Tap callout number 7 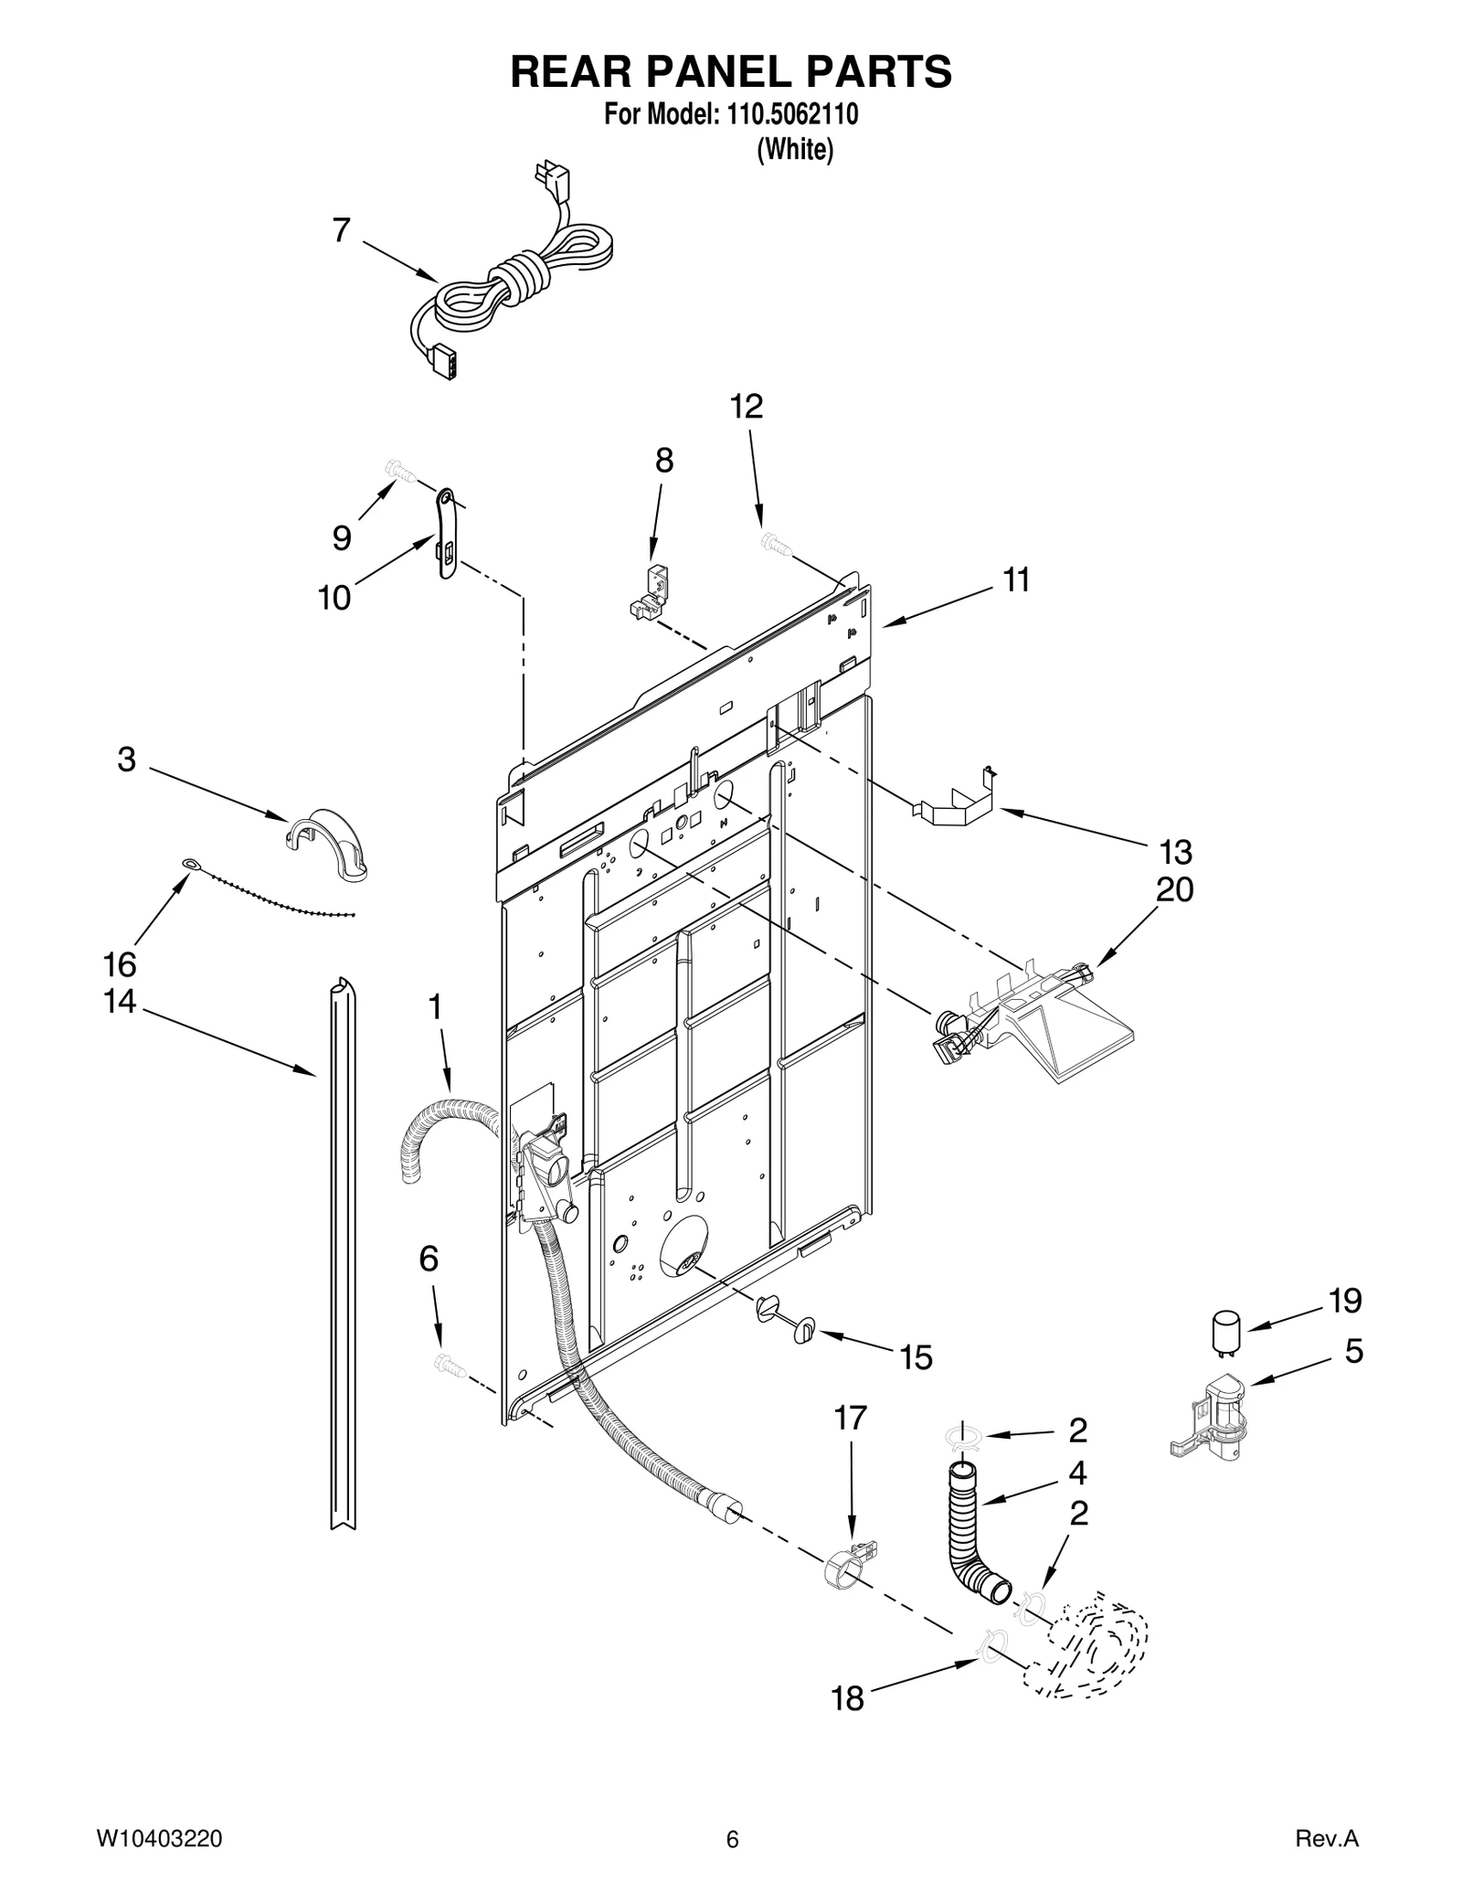pos(341,230)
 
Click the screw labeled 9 pos(399,473)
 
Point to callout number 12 pos(747,407)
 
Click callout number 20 pos(1174,889)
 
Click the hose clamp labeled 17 pos(847,1565)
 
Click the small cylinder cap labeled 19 pos(1225,1332)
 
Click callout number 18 pos(847,1698)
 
